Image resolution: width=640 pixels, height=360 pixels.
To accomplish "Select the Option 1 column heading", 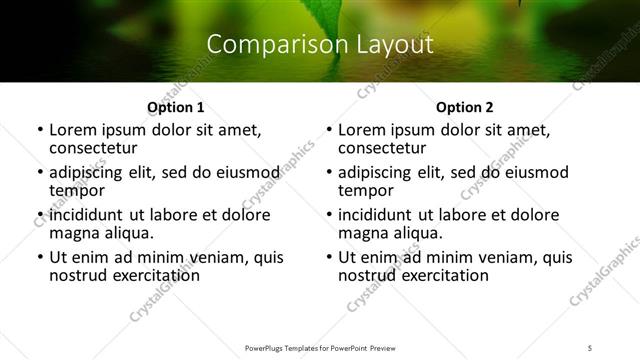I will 175,107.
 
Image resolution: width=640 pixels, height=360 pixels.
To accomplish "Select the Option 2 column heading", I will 464,107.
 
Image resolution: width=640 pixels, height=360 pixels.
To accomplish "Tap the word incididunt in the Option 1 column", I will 87,215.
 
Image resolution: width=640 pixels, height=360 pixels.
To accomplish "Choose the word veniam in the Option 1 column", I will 217,257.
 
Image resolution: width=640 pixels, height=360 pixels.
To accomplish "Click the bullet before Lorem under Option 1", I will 39,130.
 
